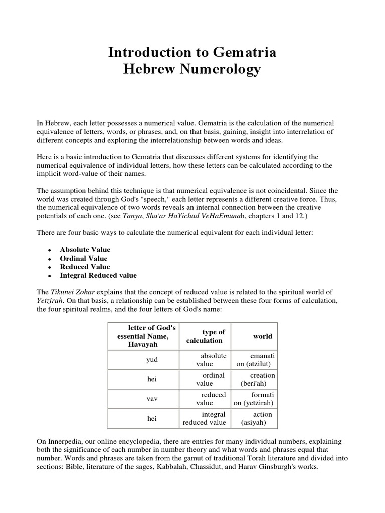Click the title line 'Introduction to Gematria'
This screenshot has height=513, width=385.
[x=192, y=52]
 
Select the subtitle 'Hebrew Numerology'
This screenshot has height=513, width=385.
[x=192, y=69]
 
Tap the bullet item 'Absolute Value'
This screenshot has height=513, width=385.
[x=85, y=250]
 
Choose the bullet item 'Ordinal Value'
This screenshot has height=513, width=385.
[x=83, y=259]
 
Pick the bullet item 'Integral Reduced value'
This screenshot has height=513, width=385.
[x=98, y=275]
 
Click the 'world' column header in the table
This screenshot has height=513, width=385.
[x=263, y=336]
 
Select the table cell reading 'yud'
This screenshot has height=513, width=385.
[x=152, y=360]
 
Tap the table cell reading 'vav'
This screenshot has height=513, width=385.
[x=152, y=399]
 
